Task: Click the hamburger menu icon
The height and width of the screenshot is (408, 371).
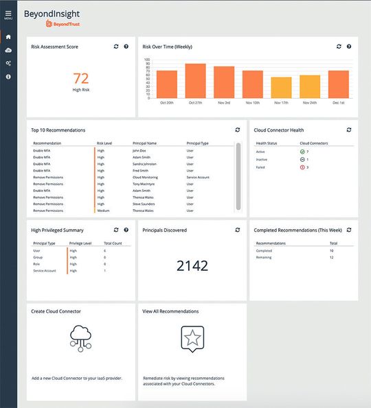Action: [8, 13]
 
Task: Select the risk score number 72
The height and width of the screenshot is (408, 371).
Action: [80, 77]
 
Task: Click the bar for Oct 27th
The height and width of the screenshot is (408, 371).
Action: [195, 82]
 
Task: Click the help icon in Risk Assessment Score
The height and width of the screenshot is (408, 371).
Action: [126, 47]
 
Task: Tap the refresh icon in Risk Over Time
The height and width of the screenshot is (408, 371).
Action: [339, 47]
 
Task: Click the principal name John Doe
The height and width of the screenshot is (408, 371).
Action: [141, 151]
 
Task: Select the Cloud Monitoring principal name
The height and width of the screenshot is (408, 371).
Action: [146, 178]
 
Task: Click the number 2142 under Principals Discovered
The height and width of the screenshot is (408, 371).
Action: [192, 266]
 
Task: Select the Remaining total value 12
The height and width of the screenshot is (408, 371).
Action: [333, 258]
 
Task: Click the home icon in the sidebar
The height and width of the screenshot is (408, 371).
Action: [8, 37]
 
